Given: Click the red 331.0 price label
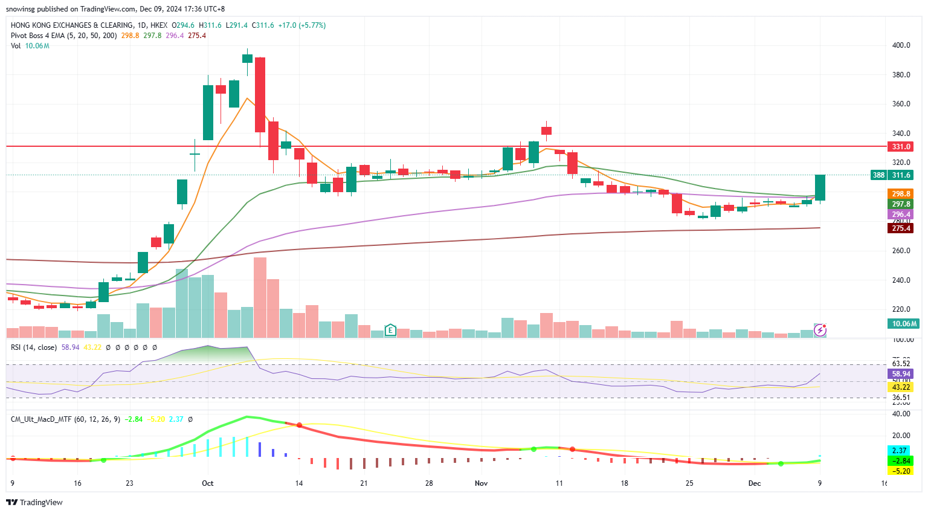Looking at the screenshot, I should [x=901, y=147].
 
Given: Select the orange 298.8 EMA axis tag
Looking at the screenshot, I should [x=901, y=194].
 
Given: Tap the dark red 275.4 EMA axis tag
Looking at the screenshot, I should [x=901, y=228].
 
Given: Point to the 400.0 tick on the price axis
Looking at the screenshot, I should [x=901, y=45].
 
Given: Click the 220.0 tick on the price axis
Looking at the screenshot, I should [x=901, y=309].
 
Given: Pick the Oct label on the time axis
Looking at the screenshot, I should [x=208, y=483].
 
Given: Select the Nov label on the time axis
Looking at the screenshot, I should [x=482, y=483].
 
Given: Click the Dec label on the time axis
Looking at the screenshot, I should [x=755, y=483].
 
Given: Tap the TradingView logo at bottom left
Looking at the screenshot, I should [x=34, y=502].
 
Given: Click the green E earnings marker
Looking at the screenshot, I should [x=390, y=330].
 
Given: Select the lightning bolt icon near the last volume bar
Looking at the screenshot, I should [x=820, y=330].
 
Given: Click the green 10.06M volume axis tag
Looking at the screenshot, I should [x=904, y=324].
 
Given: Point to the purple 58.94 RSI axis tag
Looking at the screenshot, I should [x=901, y=374].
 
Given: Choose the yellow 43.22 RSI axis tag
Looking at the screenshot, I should [x=901, y=387].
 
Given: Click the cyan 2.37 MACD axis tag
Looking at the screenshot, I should [x=900, y=451].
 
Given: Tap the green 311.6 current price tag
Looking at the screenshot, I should [x=901, y=175].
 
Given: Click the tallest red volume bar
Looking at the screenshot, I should [x=260, y=297].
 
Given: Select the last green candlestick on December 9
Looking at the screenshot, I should [x=820, y=187].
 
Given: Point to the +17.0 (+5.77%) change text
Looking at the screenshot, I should [x=301, y=25].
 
